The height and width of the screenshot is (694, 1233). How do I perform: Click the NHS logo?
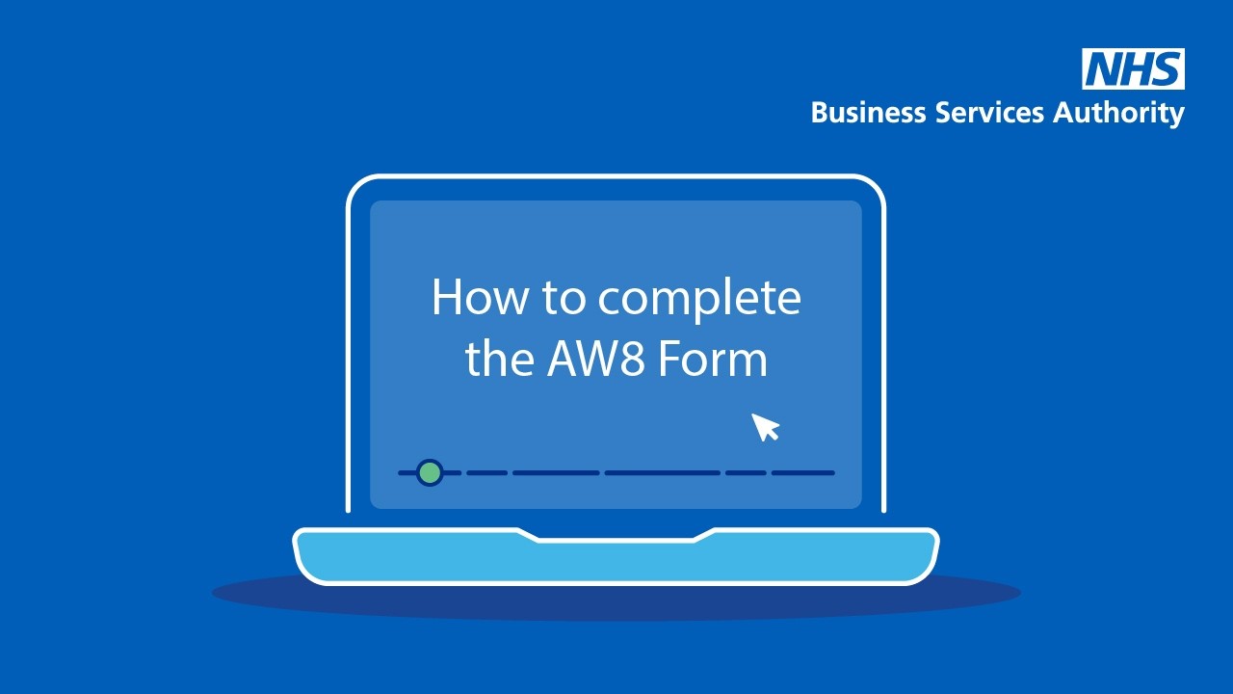tap(1134, 68)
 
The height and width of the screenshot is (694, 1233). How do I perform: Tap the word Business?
tap(868, 113)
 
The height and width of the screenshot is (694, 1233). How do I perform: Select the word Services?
tap(989, 113)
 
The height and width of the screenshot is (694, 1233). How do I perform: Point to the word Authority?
tap(1118, 114)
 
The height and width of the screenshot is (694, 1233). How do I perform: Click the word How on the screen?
tap(479, 298)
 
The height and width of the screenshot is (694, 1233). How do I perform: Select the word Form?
tap(713, 360)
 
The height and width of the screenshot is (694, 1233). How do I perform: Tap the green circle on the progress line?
tap(430, 472)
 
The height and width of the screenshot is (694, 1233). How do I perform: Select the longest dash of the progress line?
tap(663, 472)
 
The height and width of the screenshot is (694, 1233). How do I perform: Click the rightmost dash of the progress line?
tap(803, 472)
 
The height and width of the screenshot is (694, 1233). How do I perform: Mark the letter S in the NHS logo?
tap(1166, 68)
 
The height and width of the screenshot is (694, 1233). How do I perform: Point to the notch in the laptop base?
tap(616, 536)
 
